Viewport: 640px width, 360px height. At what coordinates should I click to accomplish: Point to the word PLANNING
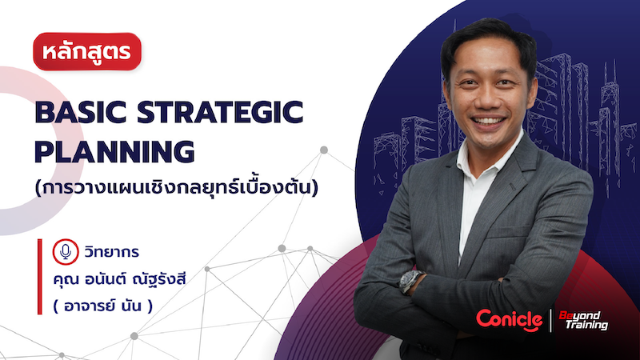[x=114, y=150]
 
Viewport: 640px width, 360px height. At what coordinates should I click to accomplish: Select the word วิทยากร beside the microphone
[x=111, y=252]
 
